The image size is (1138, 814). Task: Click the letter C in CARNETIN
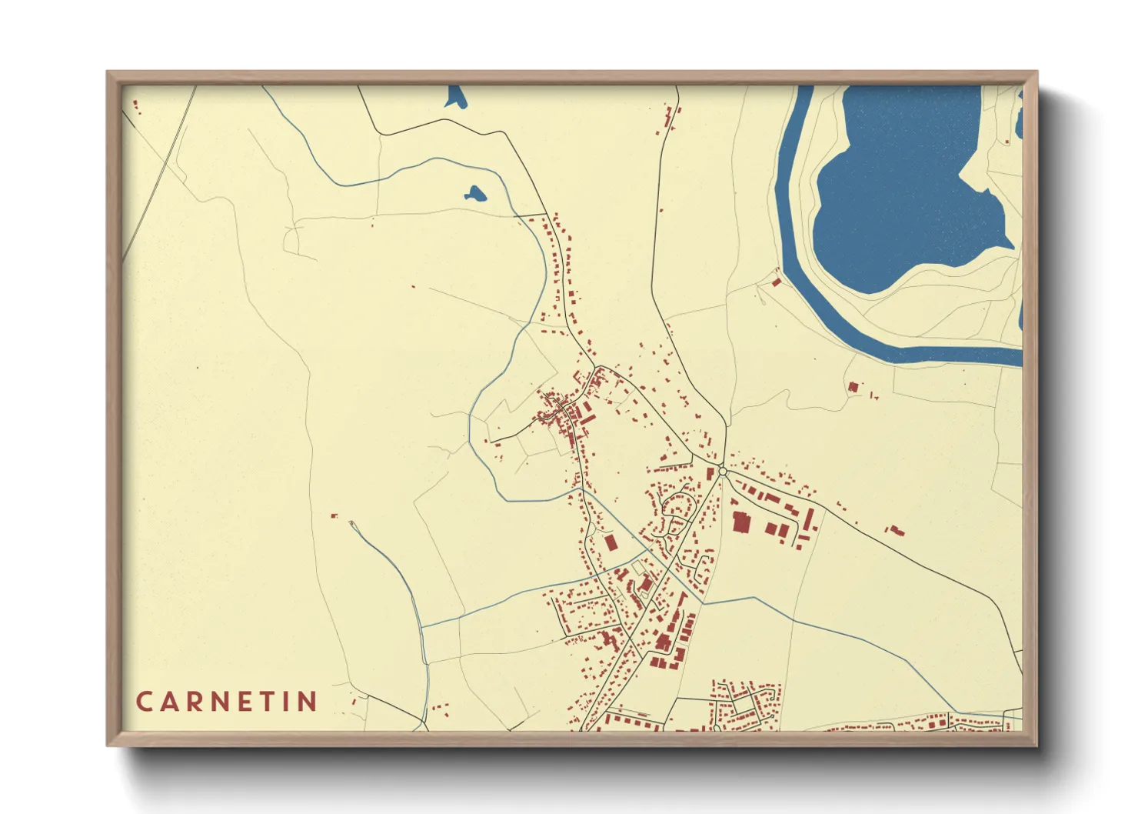[x=144, y=702]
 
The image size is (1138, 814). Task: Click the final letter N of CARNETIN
[x=308, y=702]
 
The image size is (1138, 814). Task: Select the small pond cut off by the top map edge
[x=455, y=95]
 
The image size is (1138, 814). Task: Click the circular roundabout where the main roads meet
[x=722, y=471]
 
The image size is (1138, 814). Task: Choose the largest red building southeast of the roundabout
[x=741, y=522]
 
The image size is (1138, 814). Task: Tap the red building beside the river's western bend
[x=776, y=282]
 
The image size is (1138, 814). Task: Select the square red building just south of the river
[x=852, y=387]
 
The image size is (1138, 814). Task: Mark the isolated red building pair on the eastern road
[x=895, y=530]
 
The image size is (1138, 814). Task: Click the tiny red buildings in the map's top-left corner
[x=136, y=106]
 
